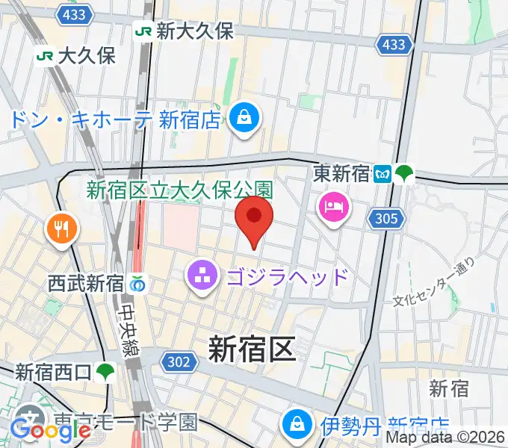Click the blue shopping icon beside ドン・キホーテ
(244, 117)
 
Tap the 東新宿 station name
(341, 174)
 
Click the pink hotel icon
(333, 205)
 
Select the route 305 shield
(387, 219)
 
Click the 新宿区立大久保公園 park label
(180, 191)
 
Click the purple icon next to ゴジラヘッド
(200, 277)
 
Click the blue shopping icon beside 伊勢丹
(297, 425)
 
